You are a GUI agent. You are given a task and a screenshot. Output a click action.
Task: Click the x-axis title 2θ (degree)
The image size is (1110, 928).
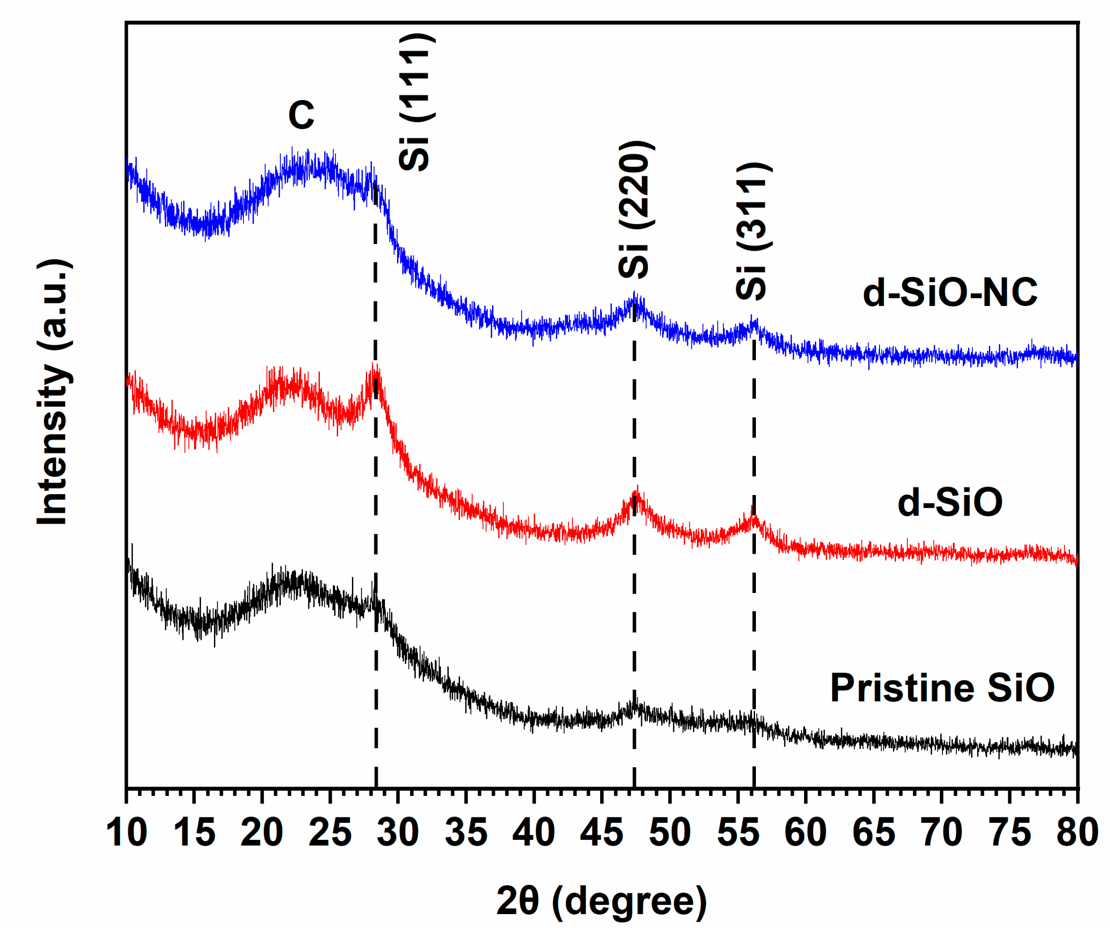tap(601, 901)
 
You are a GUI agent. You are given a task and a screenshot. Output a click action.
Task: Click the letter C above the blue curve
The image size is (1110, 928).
tap(301, 115)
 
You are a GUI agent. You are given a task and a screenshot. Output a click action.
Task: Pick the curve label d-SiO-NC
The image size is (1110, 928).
tap(950, 292)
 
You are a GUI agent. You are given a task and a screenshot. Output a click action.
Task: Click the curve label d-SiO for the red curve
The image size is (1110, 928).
tap(950, 502)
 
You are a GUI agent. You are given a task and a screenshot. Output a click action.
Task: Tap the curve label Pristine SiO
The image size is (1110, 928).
tap(942, 687)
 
